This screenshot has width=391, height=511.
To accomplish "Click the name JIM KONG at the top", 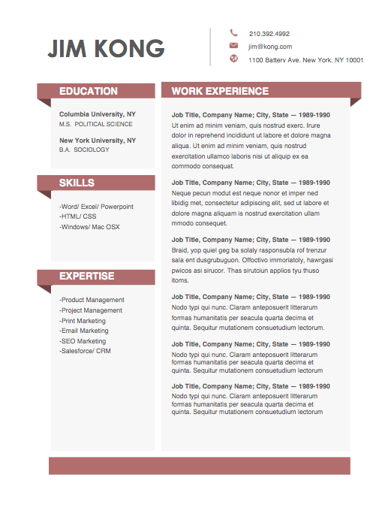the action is [x=106, y=48].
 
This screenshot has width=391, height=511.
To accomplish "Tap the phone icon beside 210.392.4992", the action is [x=233, y=33].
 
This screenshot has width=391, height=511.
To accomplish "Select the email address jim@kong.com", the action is [x=270, y=47].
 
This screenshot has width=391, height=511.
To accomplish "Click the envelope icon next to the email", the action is [x=233, y=46].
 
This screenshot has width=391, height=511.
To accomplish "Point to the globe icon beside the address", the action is [x=233, y=59].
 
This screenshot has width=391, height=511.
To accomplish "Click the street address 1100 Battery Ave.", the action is [x=305, y=60].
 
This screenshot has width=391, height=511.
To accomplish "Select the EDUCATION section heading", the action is [x=89, y=91].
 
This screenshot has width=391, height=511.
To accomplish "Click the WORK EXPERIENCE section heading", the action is [x=220, y=91].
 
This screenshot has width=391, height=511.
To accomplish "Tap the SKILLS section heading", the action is [x=77, y=183].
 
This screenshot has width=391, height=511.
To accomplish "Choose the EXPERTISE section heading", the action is [x=87, y=277].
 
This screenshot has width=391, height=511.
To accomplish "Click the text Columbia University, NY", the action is [x=98, y=113].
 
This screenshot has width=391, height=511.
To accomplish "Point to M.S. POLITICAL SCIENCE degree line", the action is [x=96, y=124].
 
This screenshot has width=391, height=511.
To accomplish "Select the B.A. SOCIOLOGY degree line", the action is [x=84, y=150].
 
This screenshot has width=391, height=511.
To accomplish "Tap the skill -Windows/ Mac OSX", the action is [x=89, y=227].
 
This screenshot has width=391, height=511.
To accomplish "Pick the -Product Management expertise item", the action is [x=92, y=300].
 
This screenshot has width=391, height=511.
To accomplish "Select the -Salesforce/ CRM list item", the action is [x=85, y=351].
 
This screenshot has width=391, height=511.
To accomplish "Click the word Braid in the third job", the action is [x=179, y=249].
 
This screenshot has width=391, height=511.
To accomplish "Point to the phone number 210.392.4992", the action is [x=269, y=34].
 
